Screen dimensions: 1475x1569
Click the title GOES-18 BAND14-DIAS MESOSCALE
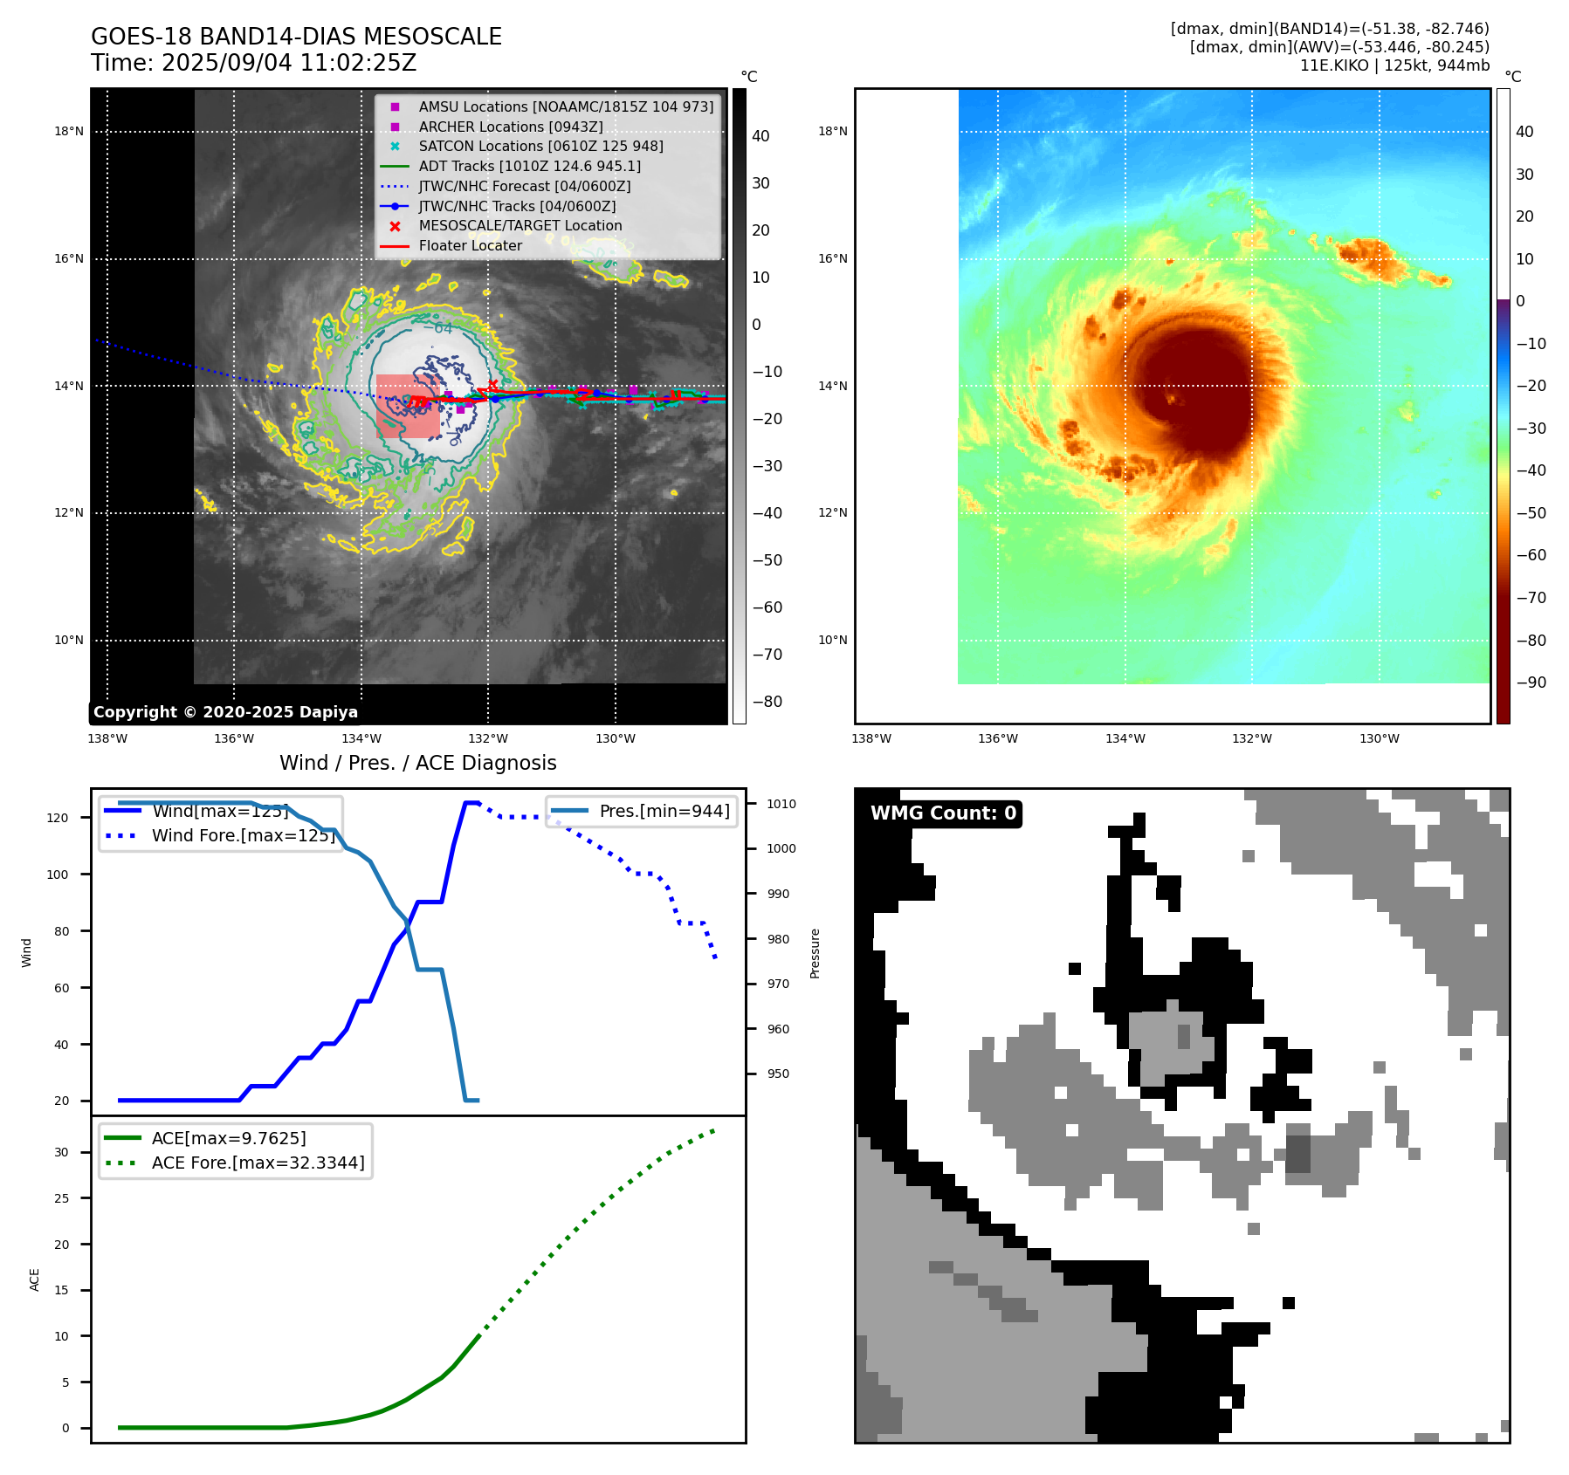coord(296,37)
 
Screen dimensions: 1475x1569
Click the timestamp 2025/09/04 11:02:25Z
coord(289,63)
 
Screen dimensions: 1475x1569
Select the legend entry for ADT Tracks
coord(529,166)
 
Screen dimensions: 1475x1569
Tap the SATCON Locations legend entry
coord(540,146)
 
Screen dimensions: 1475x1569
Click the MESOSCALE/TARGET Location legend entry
coord(520,225)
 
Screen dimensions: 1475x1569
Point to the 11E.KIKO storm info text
coord(1394,65)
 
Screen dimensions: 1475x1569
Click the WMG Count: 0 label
coord(943,813)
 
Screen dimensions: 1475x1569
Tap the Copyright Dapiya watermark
coord(225,712)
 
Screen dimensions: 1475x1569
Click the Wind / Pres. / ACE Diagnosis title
coord(417,763)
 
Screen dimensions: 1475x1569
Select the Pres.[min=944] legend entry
coord(664,811)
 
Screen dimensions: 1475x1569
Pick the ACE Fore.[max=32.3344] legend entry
coord(258,1163)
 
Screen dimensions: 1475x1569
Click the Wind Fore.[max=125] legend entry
coord(243,835)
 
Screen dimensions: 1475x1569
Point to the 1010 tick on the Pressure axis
coord(781,804)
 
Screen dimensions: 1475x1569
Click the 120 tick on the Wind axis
coord(58,818)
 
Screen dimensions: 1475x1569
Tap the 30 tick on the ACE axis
coord(61,1152)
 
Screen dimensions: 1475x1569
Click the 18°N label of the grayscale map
coord(69,132)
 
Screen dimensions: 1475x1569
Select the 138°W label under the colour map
coord(871,738)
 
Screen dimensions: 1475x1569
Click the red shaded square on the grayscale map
coord(408,407)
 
